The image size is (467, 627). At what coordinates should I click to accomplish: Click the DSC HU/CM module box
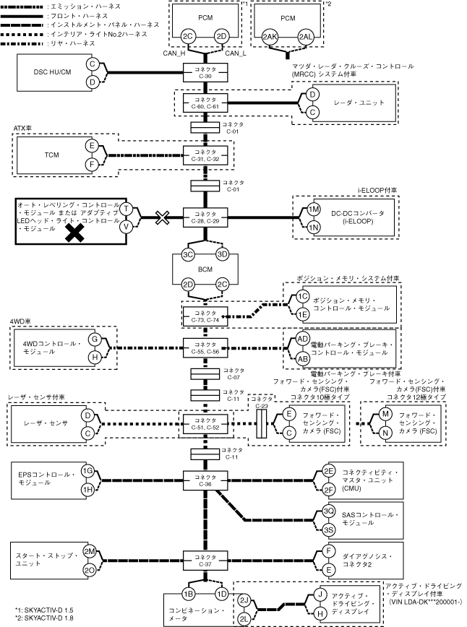click(x=52, y=72)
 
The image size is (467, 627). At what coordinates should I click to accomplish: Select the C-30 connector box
click(x=205, y=72)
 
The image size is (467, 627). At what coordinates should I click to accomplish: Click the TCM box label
click(x=51, y=155)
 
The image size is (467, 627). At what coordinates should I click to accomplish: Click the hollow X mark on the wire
click(x=162, y=217)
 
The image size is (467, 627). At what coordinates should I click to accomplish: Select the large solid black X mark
click(x=75, y=233)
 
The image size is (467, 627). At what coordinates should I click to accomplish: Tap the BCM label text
click(x=205, y=269)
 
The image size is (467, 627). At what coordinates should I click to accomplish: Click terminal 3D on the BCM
click(x=222, y=254)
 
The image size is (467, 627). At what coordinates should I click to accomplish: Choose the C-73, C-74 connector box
click(x=205, y=316)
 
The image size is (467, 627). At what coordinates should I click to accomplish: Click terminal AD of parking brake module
click(x=303, y=339)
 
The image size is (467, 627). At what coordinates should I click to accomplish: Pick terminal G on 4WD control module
click(x=95, y=340)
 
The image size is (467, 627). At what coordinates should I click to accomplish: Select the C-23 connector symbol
click(x=261, y=423)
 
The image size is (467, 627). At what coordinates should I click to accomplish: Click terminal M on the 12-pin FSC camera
click(x=385, y=414)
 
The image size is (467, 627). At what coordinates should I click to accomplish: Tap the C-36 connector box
click(x=205, y=480)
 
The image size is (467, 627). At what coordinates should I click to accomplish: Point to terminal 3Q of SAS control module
click(x=328, y=511)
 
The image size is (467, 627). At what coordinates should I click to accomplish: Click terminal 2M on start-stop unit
click(x=89, y=552)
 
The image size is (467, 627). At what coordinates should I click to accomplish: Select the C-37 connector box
click(x=205, y=561)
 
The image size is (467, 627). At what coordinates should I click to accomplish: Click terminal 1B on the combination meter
click(x=188, y=594)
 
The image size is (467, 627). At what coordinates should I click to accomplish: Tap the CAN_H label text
click(x=173, y=53)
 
